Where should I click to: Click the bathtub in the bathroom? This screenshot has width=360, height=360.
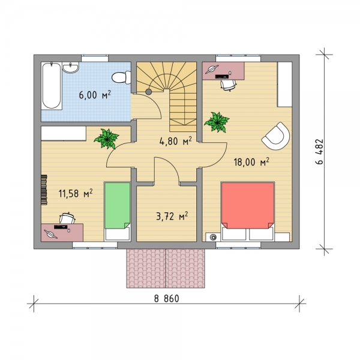click(x=52, y=86)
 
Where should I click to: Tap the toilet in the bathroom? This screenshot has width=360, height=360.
click(x=121, y=77)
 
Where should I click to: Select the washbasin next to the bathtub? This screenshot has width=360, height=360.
click(x=71, y=67)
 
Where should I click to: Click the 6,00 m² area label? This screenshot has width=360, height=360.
click(x=95, y=95)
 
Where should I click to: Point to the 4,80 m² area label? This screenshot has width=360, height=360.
click(x=175, y=141)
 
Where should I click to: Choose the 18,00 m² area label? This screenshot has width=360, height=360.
click(x=251, y=162)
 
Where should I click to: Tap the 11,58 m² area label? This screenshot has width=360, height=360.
click(x=76, y=193)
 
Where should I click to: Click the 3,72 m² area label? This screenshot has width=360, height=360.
click(x=172, y=216)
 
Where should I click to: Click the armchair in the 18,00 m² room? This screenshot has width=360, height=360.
click(x=276, y=136)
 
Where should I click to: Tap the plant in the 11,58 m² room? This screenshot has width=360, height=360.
click(x=106, y=139)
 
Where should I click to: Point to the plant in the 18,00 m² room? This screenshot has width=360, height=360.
click(x=217, y=122)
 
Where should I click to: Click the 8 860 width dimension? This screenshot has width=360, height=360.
click(x=166, y=298)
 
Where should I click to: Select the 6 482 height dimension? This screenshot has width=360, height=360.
click(x=319, y=152)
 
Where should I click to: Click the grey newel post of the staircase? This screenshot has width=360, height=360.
click(x=149, y=92)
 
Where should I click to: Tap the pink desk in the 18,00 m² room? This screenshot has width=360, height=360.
click(x=223, y=71)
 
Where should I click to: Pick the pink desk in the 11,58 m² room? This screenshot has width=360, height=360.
click(x=62, y=233)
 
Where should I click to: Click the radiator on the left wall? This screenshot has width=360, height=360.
click(x=44, y=190)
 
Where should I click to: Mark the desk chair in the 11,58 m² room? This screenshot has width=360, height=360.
click(x=67, y=218)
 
